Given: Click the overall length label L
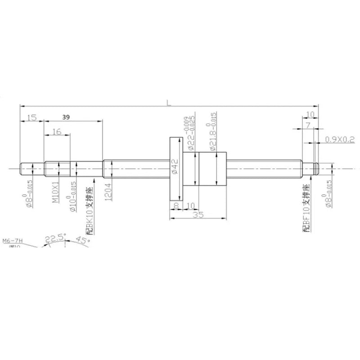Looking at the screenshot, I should (169, 103).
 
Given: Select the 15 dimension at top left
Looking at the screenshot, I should (31, 117).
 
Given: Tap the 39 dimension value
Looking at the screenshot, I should (66, 117).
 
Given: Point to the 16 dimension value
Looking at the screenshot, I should (57, 131).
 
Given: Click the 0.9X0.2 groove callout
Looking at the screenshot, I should (340, 140).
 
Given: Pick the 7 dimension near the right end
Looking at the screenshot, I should (308, 126).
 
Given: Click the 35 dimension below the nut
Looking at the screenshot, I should (198, 216).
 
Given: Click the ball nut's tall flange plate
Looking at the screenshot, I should (174, 169).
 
